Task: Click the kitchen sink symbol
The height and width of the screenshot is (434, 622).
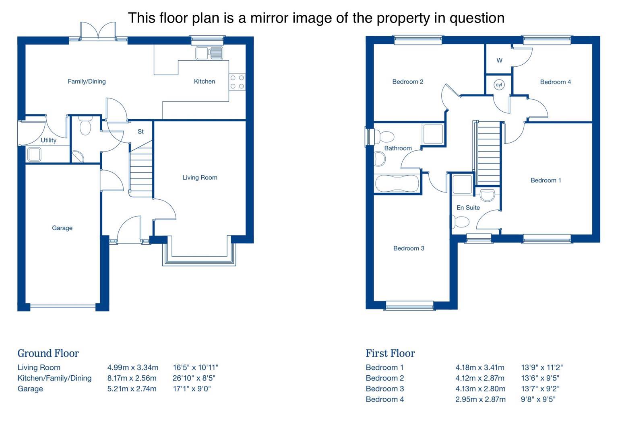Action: tap(209, 53)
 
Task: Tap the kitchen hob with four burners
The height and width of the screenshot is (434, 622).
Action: tap(237, 82)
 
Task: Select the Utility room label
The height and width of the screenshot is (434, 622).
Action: tap(48, 140)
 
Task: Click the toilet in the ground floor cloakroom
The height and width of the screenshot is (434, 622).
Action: tap(85, 126)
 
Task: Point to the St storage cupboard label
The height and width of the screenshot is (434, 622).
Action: tap(141, 132)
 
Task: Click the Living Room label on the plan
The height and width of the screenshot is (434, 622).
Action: tap(200, 177)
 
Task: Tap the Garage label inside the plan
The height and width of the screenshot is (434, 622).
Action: tap(62, 228)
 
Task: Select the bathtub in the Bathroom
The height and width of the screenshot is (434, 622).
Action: tap(396, 184)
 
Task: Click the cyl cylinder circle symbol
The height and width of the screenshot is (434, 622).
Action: tap(499, 85)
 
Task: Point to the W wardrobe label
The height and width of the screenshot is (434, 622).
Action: tap(499, 61)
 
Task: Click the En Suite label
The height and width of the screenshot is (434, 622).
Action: tap(468, 207)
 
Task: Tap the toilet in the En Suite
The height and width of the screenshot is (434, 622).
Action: tap(461, 222)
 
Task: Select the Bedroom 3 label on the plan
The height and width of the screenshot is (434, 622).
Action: tap(409, 248)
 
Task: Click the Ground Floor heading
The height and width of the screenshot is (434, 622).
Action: tap(48, 353)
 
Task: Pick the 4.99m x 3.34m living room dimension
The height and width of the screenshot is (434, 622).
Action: tap(132, 367)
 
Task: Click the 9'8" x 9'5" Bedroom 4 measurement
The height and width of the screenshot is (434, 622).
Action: tap(538, 399)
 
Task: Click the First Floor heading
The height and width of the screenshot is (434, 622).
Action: tap(390, 353)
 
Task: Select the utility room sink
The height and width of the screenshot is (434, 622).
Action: tap(34, 154)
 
